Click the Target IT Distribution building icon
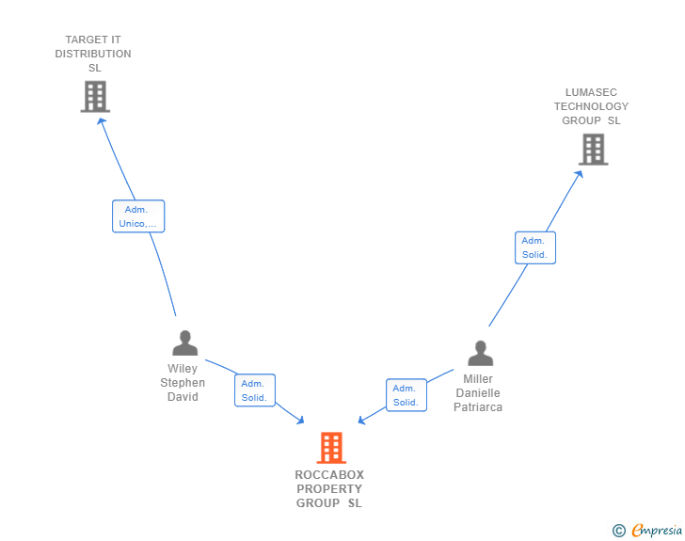(95, 96)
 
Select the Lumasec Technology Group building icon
(593, 149)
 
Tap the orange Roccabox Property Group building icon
(331, 448)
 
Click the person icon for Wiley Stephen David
(184, 343)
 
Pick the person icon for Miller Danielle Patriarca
(480, 354)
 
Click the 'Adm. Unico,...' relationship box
(138, 216)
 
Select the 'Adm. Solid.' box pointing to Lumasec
(535, 247)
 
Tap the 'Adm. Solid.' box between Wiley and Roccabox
(254, 390)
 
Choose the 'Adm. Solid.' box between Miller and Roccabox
(406, 395)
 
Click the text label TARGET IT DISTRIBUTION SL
(93, 54)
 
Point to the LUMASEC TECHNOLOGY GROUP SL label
(591, 106)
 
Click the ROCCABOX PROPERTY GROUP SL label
(329, 489)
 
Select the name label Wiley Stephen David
(183, 383)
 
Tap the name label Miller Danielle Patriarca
(478, 393)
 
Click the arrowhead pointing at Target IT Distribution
(102, 119)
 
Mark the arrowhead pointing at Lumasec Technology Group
(581, 173)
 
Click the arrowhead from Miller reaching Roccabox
(362, 420)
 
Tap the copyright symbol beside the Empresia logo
(618, 531)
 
